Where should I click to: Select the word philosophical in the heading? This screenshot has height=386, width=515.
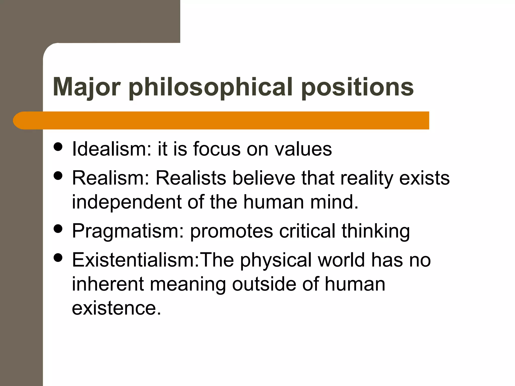[x=210, y=87]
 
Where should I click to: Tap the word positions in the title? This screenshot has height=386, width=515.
[x=357, y=87]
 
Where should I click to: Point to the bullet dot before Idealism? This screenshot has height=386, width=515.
[x=58, y=147]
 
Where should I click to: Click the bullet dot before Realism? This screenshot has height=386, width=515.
[x=58, y=176]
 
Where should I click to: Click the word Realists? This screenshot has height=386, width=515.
[x=191, y=178]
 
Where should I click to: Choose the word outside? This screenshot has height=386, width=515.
[x=264, y=284]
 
